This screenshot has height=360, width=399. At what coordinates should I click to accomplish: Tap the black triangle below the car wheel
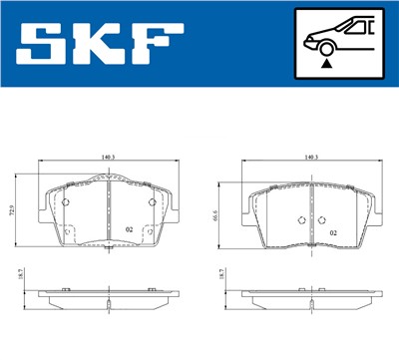[326, 62]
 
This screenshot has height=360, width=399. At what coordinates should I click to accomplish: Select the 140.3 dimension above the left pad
[108, 157]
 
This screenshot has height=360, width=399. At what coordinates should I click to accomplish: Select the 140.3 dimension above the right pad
[310, 157]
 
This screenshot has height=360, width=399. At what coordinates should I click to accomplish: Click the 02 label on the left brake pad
[130, 229]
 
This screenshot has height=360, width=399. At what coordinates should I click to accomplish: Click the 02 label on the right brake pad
[333, 233]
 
